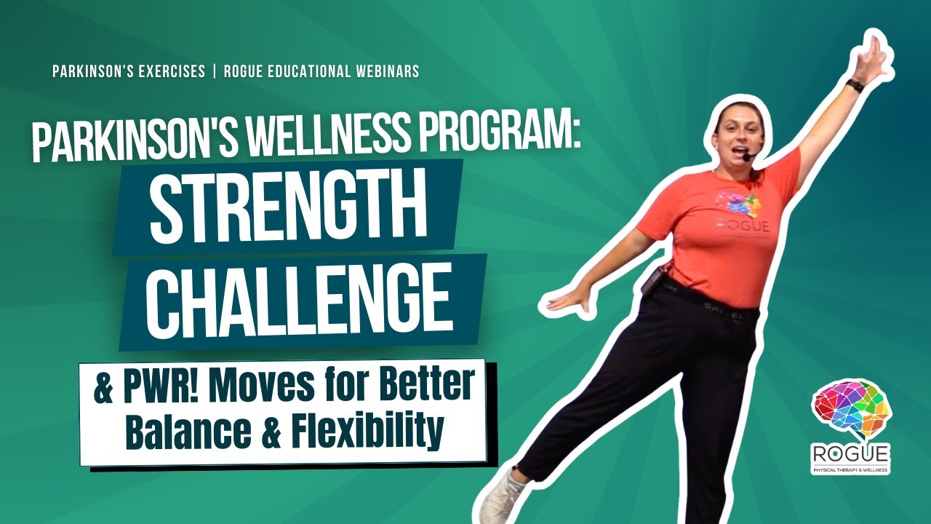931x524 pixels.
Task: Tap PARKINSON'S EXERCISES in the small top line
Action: pyautogui.click(x=129, y=72)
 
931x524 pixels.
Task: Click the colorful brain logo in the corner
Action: pyautogui.click(x=851, y=412)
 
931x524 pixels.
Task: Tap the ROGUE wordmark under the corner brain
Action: pyautogui.click(x=851, y=454)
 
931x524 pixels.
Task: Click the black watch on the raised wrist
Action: pyautogui.click(x=855, y=85)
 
